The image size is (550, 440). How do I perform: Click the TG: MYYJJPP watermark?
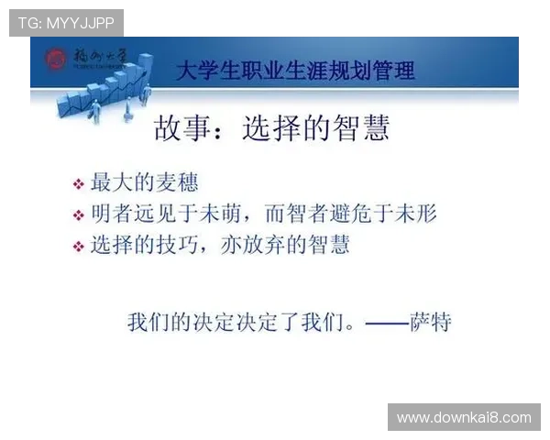[66, 22]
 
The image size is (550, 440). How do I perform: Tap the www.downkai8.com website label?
[463, 417]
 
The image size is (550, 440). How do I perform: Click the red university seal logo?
[58, 60]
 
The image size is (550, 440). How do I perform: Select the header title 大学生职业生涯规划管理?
[294, 71]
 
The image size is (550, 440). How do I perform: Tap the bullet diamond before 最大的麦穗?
[78, 184]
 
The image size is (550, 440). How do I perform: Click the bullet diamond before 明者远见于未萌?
[78, 216]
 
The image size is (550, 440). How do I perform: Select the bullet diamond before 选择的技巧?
[78, 247]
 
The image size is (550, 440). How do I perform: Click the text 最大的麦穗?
[145, 182]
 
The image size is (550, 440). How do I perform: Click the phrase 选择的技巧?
[139, 246]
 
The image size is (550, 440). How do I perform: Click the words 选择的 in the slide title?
[283, 129]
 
